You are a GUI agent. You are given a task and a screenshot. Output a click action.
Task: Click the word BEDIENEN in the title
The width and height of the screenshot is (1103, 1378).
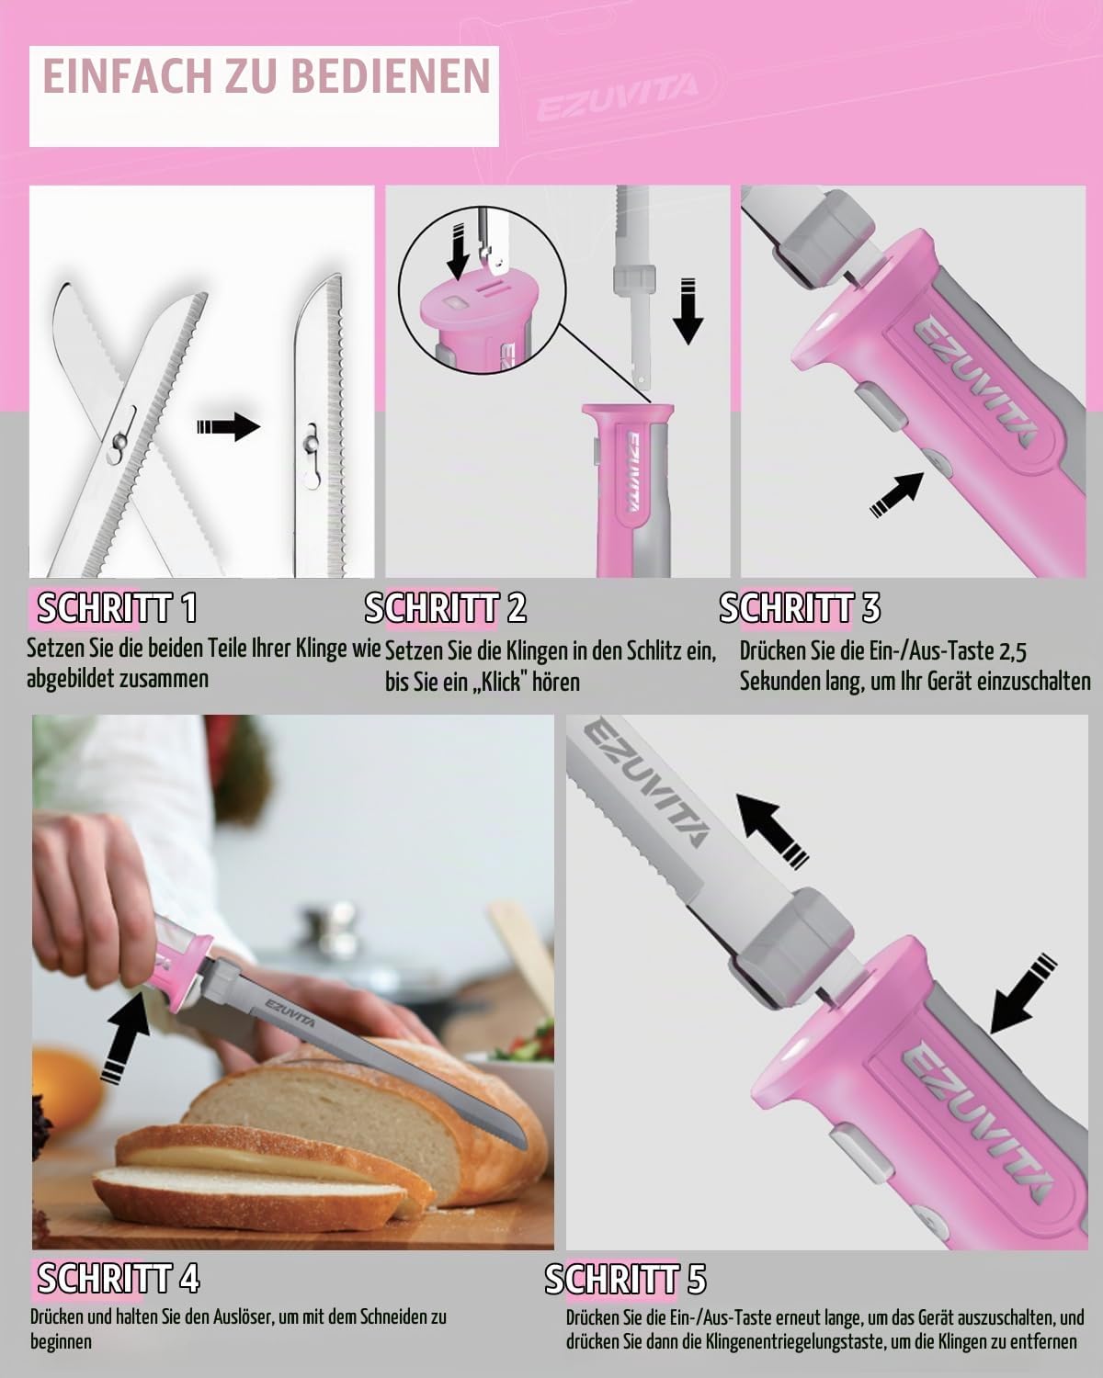391,77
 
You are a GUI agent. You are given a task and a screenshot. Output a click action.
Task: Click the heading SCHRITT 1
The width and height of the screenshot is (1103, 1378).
118,607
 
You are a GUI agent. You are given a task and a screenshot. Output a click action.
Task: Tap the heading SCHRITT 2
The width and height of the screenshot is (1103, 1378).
446,607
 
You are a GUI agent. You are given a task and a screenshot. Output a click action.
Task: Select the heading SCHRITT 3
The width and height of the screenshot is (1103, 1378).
800,607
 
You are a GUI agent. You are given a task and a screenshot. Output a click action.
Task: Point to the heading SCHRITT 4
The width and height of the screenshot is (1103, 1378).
119,1278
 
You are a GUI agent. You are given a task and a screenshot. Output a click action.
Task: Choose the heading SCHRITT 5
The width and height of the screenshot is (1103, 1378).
626,1279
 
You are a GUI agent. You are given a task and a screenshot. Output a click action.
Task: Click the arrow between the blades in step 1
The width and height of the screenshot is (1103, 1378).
228,426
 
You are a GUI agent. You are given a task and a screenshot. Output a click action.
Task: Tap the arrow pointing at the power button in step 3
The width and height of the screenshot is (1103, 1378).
896,493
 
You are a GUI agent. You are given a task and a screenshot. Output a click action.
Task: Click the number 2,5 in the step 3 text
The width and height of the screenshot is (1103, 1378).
1013,652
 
